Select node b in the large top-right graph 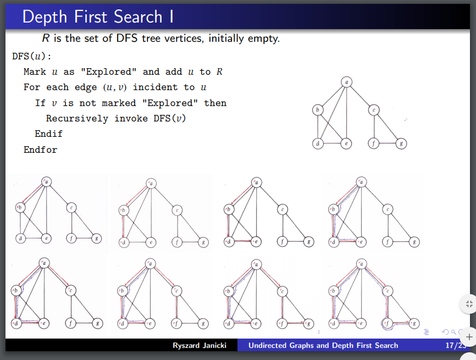pos(317,110)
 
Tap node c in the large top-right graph pos(374,110)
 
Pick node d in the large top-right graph pos(317,144)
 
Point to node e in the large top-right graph pos(346,144)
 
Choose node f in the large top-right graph pos(374,144)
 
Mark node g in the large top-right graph pos(402,144)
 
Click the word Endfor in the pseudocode pos(40,149)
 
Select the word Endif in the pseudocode pos(49,134)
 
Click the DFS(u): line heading pos(32,56)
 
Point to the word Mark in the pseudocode pos(35,72)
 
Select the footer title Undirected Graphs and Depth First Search pos(323,345)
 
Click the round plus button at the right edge pos(469,335)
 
